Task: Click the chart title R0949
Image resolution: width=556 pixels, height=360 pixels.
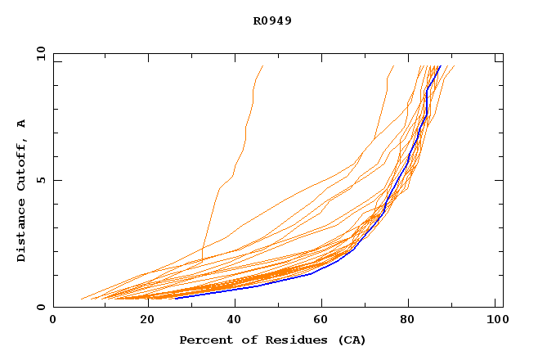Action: click(272, 20)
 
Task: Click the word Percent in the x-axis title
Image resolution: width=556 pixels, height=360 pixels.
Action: click(204, 340)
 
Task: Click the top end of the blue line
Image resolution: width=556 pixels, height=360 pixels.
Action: click(440, 66)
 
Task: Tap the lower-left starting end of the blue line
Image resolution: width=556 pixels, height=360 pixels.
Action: click(175, 298)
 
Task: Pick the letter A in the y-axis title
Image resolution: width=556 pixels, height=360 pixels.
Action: click(21, 124)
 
